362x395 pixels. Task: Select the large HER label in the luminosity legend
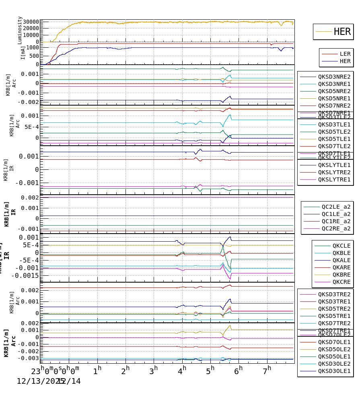tap(342, 32)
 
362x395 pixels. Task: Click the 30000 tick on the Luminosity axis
tap(31, 22)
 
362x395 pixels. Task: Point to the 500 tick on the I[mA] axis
tap(34, 56)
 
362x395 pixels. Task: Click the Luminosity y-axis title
tap(20, 30)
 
